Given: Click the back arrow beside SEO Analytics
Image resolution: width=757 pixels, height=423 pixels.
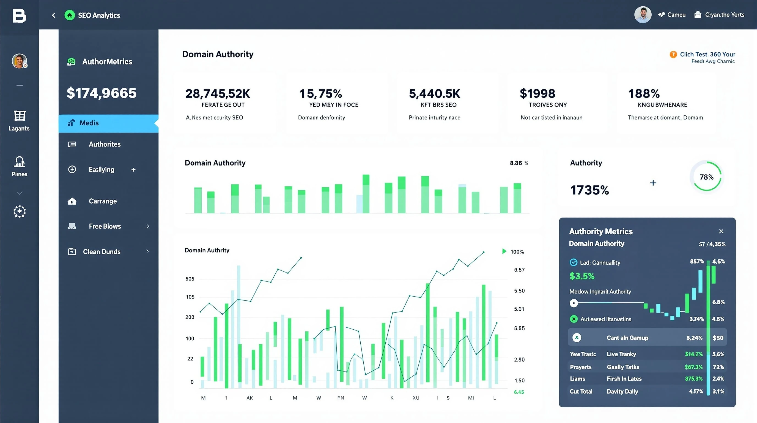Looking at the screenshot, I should (53, 15).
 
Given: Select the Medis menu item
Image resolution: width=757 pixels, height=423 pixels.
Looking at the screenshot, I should (89, 123).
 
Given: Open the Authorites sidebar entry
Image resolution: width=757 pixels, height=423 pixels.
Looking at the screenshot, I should (105, 144).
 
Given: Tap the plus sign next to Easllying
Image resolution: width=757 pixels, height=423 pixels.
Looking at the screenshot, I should (133, 170).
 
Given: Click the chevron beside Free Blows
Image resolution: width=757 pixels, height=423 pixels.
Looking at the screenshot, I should (148, 226).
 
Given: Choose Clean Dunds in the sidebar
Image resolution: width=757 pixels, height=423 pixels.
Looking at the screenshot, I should (102, 251).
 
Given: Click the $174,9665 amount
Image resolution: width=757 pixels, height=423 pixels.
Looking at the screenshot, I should (102, 93).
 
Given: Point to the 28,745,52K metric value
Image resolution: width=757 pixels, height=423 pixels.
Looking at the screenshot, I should (218, 94).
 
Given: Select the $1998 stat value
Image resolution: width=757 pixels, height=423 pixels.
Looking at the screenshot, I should (537, 94).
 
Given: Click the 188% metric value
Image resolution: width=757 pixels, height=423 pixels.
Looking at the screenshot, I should (644, 94).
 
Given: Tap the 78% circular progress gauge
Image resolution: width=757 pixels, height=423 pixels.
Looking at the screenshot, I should (706, 177).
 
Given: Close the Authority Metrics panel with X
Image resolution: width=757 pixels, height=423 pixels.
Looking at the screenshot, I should (721, 231).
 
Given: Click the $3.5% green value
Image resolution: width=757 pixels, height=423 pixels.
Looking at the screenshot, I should (582, 276).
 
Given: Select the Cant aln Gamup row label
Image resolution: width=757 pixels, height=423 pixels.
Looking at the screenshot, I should (627, 338).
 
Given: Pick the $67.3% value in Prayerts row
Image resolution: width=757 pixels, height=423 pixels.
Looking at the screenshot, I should (693, 367).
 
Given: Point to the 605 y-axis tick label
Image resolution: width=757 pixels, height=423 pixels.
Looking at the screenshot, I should (190, 279).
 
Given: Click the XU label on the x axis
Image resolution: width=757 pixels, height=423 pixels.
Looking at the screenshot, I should (416, 398).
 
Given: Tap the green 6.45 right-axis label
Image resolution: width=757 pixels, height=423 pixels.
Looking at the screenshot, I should (519, 392).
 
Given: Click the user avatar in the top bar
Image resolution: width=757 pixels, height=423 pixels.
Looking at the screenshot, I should (643, 15).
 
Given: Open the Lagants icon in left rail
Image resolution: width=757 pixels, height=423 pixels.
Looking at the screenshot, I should (20, 116).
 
